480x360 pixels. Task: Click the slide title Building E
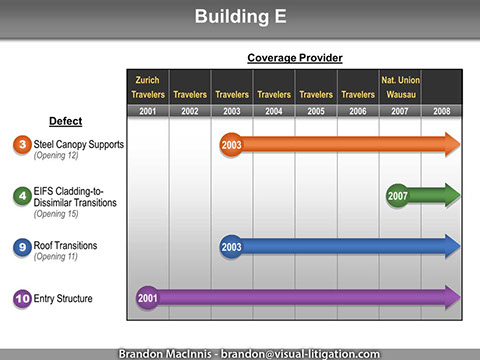click(x=240, y=17)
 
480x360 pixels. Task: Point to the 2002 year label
click(x=190, y=111)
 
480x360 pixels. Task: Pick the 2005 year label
click(x=315, y=111)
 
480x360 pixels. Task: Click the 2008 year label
click(x=441, y=111)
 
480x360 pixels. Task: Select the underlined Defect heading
click(x=66, y=121)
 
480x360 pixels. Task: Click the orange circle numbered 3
click(x=21, y=145)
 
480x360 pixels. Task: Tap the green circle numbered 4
click(x=21, y=194)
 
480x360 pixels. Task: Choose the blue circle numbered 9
click(x=21, y=245)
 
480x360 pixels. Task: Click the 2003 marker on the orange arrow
click(x=232, y=145)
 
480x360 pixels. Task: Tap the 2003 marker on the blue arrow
click(x=232, y=245)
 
